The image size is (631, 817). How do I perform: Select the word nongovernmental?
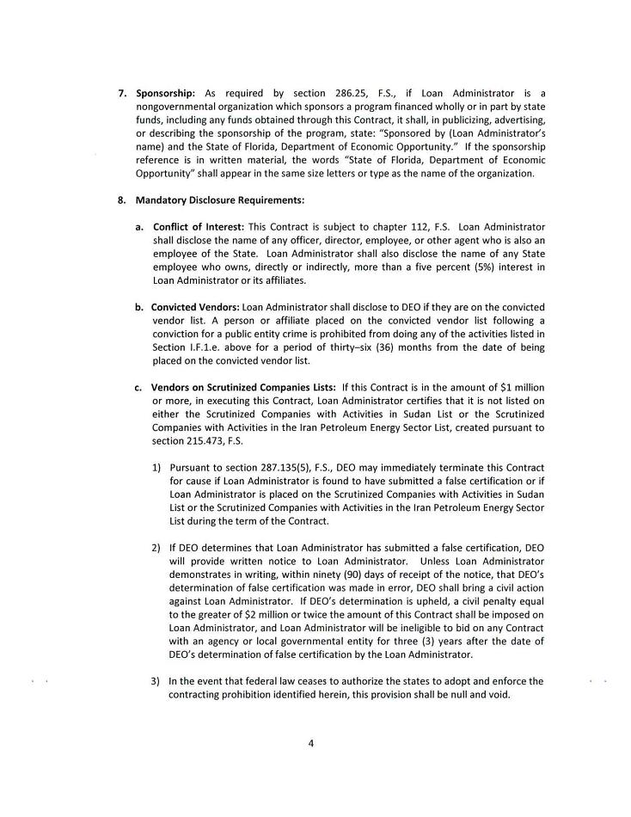pyautogui.click(x=177, y=106)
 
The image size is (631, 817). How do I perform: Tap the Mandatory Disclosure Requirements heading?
pyautogui.click(x=219, y=200)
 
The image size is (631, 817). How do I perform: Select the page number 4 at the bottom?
pyautogui.click(x=310, y=743)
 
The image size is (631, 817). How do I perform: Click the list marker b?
pyautogui.click(x=138, y=306)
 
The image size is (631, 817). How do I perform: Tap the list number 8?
pyautogui.click(x=121, y=200)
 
